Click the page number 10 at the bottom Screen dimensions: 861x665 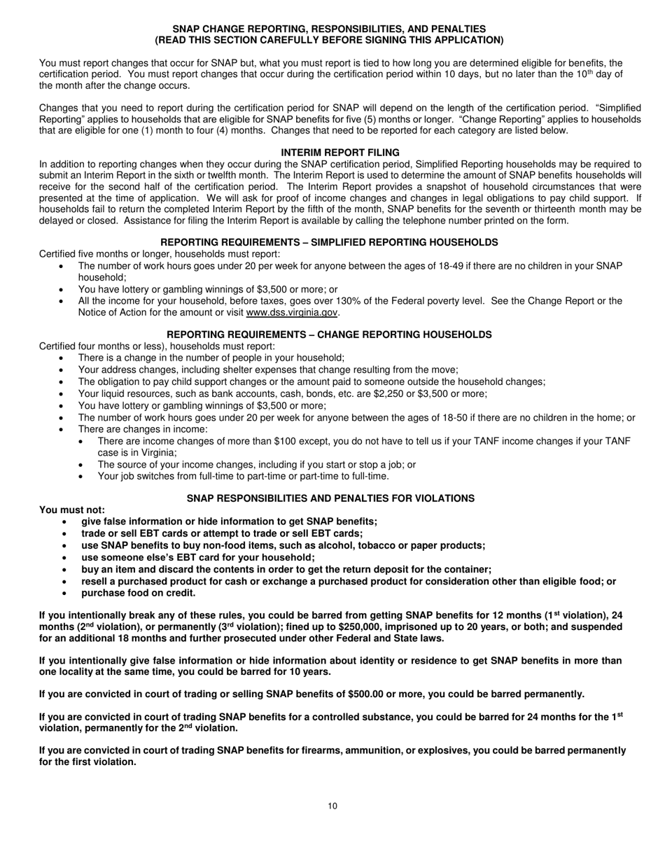[x=332, y=806]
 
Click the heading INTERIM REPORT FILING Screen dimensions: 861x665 [x=340, y=152]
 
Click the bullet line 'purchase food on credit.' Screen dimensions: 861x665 [x=139, y=592]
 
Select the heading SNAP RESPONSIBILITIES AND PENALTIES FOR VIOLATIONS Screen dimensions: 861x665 [x=330, y=498]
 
